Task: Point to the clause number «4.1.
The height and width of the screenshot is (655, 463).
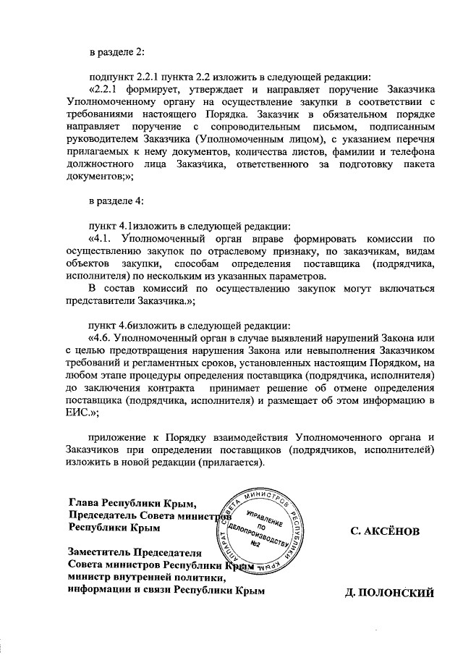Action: coord(101,237)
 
